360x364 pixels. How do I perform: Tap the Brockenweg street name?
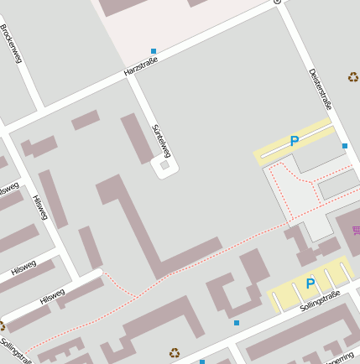pos(11,43)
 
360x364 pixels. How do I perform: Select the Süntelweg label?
pos(161,140)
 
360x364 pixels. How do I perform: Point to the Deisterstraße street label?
pos(321,89)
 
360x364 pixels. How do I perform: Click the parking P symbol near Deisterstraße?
pos(295,142)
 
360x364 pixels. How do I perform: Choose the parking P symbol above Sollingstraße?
pos(310,283)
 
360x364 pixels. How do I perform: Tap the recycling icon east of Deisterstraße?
pos(353,77)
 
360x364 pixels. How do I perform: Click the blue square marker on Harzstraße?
pos(154,51)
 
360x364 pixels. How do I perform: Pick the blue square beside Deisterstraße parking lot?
pos(345,146)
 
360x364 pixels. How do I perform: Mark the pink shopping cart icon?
pos(357,230)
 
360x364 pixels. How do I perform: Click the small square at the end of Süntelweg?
pos(164,166)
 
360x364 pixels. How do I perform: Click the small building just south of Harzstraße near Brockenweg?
pos(85,120)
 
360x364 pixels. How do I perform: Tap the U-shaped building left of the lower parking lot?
pos(236,289)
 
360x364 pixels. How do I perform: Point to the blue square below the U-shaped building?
pos(237,323)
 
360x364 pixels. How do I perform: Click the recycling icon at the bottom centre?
pos(175,353)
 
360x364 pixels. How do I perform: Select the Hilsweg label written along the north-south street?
pos(40,206)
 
